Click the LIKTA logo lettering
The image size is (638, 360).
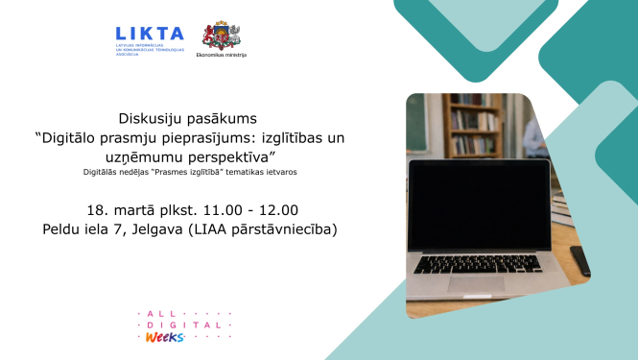(149, 35)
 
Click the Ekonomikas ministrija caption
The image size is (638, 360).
(221, 56)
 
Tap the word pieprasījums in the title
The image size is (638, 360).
(200, 137)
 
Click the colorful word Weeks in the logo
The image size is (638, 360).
(164, 336)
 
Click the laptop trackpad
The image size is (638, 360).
(477, 283)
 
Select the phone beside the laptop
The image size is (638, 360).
(579, 260)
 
